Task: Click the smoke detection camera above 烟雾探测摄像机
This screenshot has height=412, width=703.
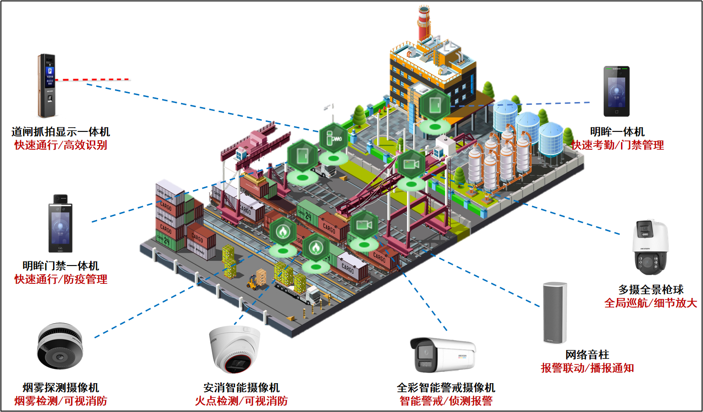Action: click(x=60, y=347)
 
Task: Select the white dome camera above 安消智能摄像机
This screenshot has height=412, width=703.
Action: click(x=235, y=349)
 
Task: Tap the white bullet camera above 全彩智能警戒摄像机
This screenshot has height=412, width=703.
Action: click(x=442, y=355)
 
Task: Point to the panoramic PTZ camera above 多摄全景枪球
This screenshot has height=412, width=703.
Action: click(x=650, y=247)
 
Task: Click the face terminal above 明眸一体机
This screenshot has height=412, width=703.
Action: click(x=616, y=92)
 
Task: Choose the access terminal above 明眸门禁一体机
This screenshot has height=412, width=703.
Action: click(x=60, y=224)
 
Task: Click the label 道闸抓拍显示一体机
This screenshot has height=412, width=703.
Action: click(x=60, y=132)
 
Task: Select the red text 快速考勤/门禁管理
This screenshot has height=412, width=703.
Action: click(x=617, y=145)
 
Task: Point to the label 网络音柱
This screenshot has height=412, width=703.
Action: click(x=587, y=355)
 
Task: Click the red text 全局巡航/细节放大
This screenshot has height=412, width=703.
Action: click(x=650, y=303)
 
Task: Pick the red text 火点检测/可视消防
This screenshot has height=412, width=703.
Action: click(x=241, y=401)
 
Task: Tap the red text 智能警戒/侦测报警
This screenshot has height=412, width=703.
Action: click(x=446, y=401)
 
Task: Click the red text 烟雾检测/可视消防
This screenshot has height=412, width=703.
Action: click(x=60, y=401)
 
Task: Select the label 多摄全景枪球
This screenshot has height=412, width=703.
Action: click(x=650, y=290)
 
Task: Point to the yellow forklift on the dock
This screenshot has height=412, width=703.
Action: click(x=253, y=282)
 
